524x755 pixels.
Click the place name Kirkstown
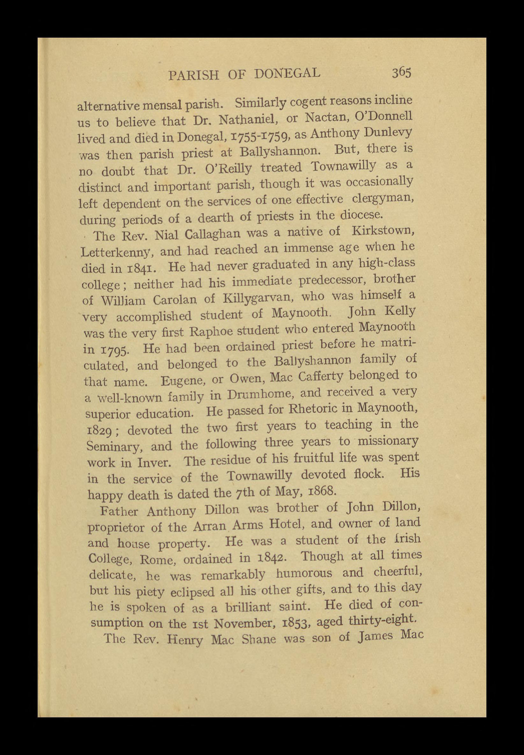click(382, 232)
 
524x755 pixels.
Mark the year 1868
click(322, 492)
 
